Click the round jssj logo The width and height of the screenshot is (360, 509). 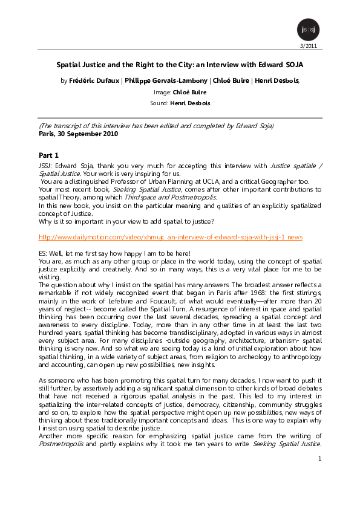click(306, 30)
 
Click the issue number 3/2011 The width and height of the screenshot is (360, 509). click(309, 46)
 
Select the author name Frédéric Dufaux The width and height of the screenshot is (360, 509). click(94, 80)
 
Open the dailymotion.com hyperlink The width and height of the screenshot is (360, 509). click(170, 237)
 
